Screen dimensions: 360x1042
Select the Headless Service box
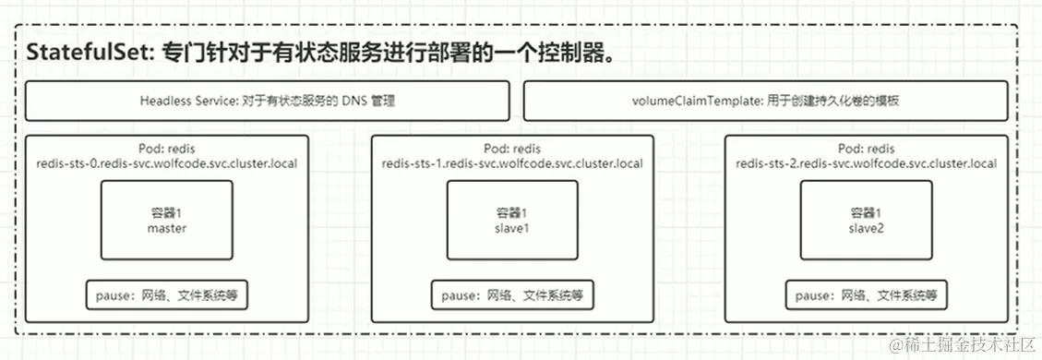(x=268, y=101)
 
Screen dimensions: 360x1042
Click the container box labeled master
(x=167, y=220)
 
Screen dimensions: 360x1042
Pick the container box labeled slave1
(x=512, y=220)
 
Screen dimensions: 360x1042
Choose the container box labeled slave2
(x=866, y=220)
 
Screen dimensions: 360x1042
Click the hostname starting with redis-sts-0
(x=167, y=163)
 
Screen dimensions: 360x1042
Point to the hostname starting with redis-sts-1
(x=512, y=163)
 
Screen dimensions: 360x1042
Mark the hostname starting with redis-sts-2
(x=866, y=163)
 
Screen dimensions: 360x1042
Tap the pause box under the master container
(x=167, y=295)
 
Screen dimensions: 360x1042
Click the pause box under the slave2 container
(x=866, y=295)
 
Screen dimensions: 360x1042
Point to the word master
(x=167, y=228)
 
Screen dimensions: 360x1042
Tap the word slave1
(x=512, y=228)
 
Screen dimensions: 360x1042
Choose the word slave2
(x=866, y=228)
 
